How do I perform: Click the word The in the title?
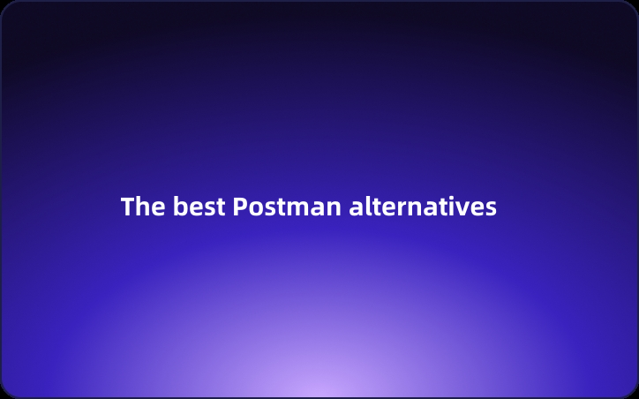point(142,207)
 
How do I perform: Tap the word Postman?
point(287,207)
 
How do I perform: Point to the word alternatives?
point(423,207)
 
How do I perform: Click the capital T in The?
point(128,207)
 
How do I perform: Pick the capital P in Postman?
point(240,207)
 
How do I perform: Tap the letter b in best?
point(179,207)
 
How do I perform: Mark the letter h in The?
point(142,207)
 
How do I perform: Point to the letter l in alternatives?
point(365,207)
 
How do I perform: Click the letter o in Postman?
point(254,209)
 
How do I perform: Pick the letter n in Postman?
point(334,209)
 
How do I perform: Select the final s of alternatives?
point(491,209)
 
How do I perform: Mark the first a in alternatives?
point(355,209)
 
